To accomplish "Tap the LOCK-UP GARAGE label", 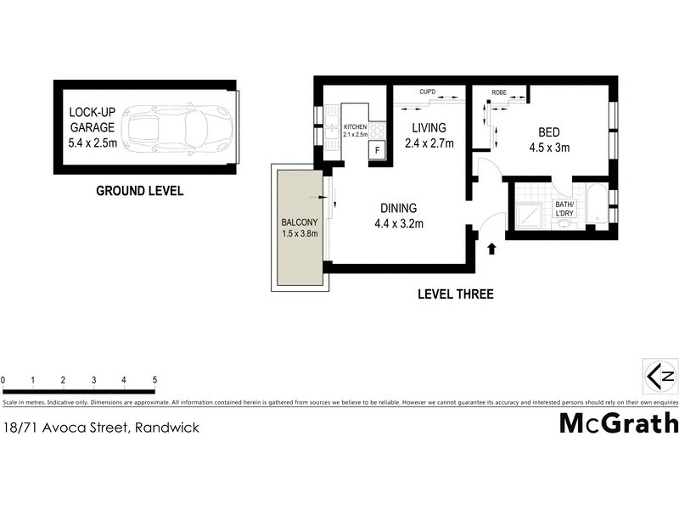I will click(x=93, y=127).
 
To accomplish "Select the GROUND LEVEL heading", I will click(x=139, y=191).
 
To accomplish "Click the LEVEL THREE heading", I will click(x=455, y=294).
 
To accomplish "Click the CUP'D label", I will click(x=428, y=92).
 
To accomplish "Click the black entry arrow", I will click(x=492, y=249).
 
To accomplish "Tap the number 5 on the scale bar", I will click(x=154, y=380).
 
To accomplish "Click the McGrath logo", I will click(x=618, y=422).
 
